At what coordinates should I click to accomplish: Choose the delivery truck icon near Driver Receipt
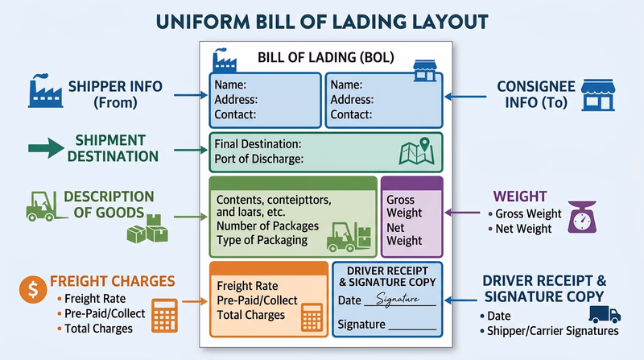[x=605, y=314]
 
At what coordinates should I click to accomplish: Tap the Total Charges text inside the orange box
[x=251, y=315]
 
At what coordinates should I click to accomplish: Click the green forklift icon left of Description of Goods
[x=44, y=205]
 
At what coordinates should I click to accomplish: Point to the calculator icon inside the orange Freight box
[x=312, y=318]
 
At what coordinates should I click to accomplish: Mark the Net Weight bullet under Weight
[x=524, y=229]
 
